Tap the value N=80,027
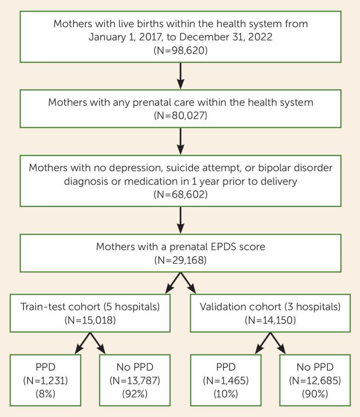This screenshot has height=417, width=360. pos(180,115)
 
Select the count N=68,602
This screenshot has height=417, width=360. pos(180,194)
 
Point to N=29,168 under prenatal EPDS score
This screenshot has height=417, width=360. pos(180,259)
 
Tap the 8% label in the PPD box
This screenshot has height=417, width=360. pos(46,394)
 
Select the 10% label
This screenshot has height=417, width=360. pos(225,394)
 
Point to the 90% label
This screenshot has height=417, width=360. pos(314,394)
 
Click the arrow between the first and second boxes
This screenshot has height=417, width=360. pos(180,76)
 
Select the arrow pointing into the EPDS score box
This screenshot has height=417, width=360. pos(180,220)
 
